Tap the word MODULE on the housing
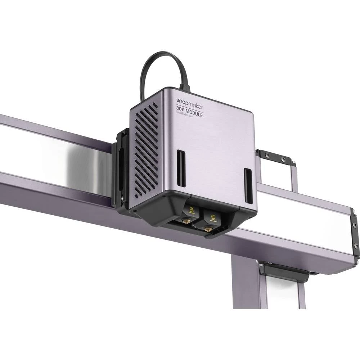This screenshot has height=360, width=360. pyautogui.click(x=194, y=114)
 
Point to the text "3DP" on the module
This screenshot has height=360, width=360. pyautogui.click(x=181, y=110)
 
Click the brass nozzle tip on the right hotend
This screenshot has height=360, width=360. pyautogui.click(x=208, y=228)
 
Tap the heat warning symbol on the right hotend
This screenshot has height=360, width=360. pyautogui.click(x=213, y=217)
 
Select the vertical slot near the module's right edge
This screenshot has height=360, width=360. pyautogui.click(x=248, y=185)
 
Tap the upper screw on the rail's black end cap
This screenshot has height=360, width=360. pyautogui.click(x=355, y=225)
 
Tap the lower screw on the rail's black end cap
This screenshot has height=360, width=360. pyautogui.click(x=356, y=246)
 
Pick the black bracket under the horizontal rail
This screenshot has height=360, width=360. pyautogui.click(x=284, y=273)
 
